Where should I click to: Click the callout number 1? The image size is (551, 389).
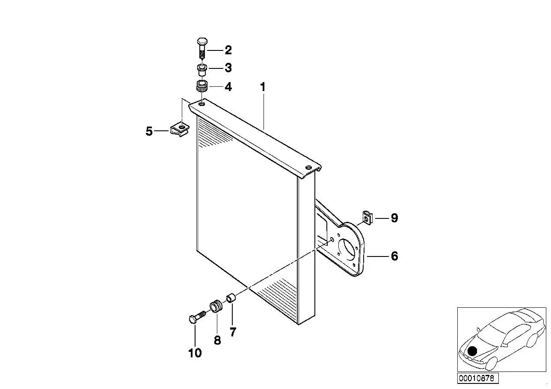pos(263,87)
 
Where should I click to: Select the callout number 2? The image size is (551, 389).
pos(228,50)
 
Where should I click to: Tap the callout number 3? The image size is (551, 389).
pos(228,68)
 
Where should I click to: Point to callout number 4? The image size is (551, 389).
pos(228,87)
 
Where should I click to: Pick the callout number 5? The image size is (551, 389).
pos(149,131)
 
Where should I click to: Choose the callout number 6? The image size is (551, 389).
pos(394,256)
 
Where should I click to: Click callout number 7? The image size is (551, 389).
pos(233,332)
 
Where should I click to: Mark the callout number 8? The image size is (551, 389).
pos(217,340)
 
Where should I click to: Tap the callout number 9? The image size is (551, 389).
pos(394,218)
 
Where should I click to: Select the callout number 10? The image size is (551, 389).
pos(195,353)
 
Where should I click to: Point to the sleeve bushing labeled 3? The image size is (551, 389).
pos(202,70)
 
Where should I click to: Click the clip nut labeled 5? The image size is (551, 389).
pos(180,130)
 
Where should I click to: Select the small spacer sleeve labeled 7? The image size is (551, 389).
pos(231,298)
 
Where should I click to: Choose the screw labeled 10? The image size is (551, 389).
pos(197,317)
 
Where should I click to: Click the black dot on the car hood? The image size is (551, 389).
pos(472,351)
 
